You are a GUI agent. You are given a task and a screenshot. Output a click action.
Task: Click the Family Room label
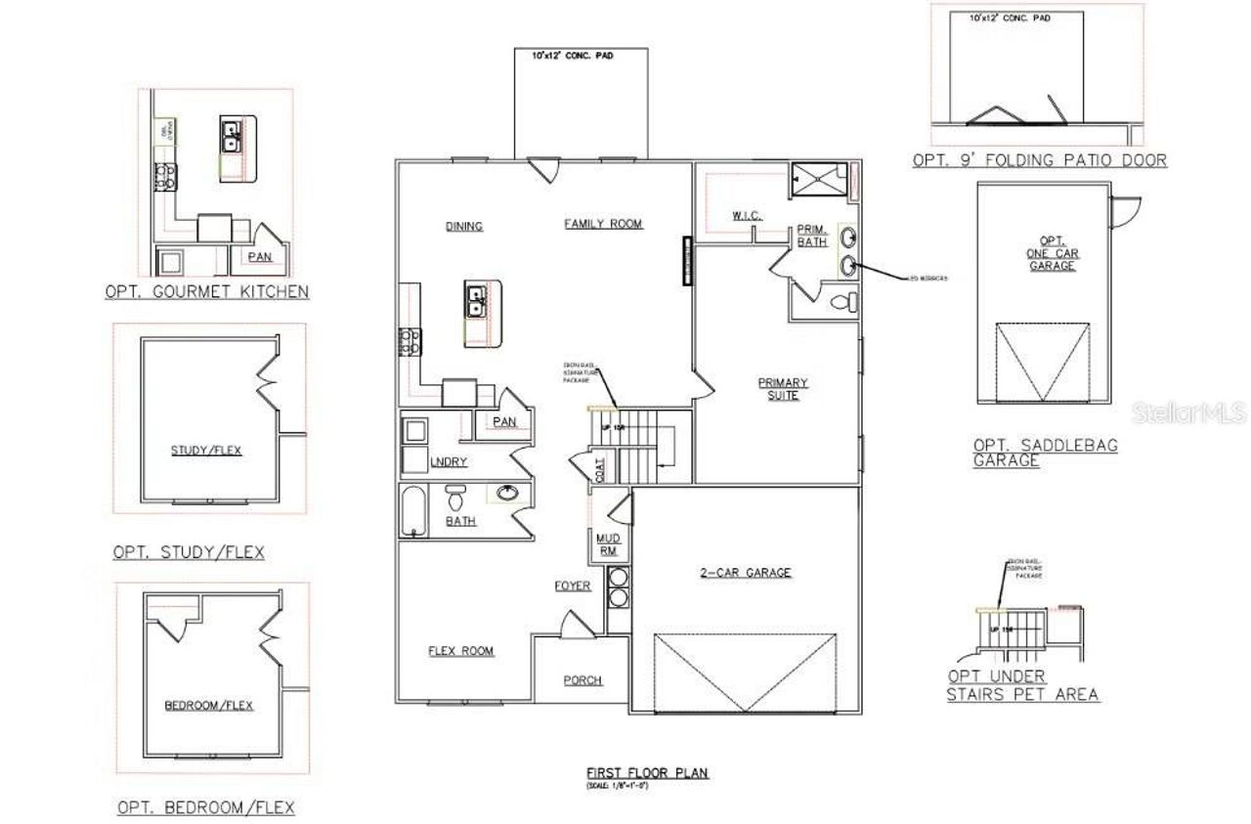(603, 224)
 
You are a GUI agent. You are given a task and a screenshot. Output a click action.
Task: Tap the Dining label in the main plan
(464, 226)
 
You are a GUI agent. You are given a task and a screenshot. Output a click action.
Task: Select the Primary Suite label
(783, 388)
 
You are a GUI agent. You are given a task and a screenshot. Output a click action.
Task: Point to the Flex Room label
(461, 651)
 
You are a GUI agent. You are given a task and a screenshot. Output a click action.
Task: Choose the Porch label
(582, 680)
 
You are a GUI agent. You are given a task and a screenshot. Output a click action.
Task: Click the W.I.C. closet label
(747, 215)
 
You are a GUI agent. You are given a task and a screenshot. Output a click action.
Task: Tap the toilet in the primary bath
(842, 303)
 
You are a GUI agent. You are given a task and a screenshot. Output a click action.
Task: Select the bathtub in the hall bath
(411, 510)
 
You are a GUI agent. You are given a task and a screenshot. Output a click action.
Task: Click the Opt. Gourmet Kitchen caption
(207, 291)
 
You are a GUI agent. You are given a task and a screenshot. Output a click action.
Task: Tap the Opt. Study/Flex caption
(189, 552)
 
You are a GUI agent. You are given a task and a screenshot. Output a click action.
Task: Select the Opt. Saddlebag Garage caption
(1045, 453)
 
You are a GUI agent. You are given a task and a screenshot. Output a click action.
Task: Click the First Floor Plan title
(648, 773)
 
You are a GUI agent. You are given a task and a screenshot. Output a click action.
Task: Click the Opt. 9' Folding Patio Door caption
(1039, 160)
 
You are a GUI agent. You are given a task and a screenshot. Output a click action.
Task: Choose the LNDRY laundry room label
(448, 461)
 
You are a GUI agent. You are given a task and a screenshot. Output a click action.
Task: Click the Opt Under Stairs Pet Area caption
(1021, 685)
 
